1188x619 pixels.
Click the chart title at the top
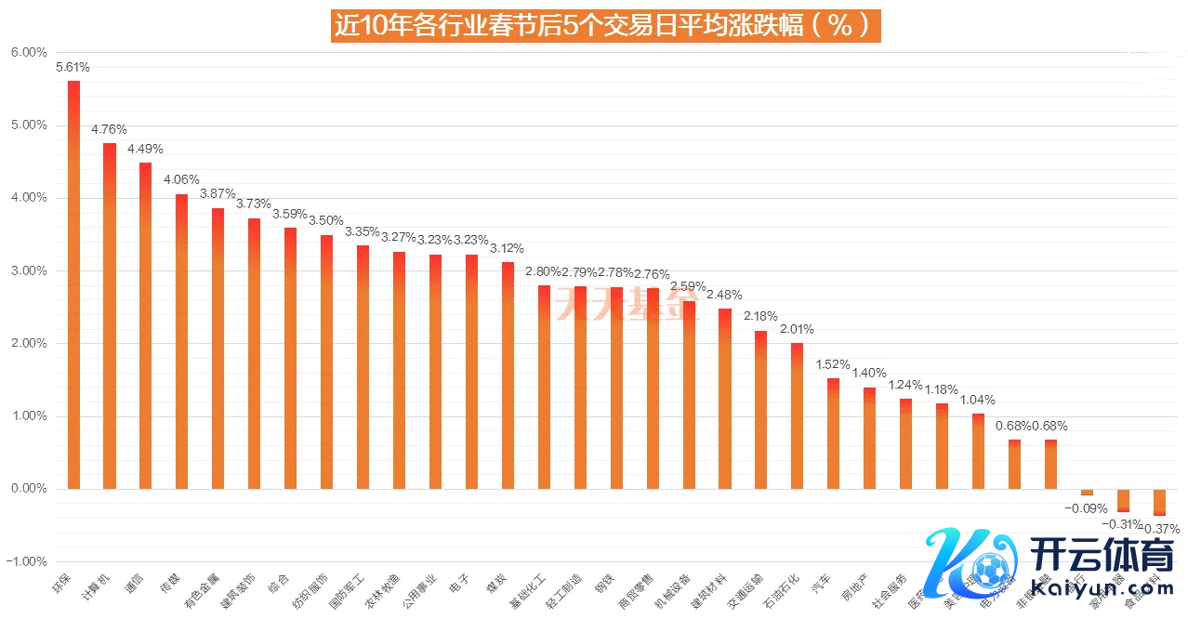pyautogui.click(x=605, y=25)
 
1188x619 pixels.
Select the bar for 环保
pyautogui.click(x=73, y=283)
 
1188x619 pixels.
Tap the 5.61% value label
pyautogui.click(x=73, y=67)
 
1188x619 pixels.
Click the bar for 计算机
pyautogui.click(x=110, y=315)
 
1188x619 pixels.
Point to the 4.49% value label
pyautogui.click(x=145, y=149)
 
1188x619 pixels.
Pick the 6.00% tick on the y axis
pyautogui.click(x=29, y=53)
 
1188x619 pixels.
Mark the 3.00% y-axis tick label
pyautogui.click(x=29, y=270)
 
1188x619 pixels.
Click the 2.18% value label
pyautogui.click(x=760, y=317)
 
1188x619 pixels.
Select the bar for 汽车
pyautogui.click(x=833, y=433)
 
